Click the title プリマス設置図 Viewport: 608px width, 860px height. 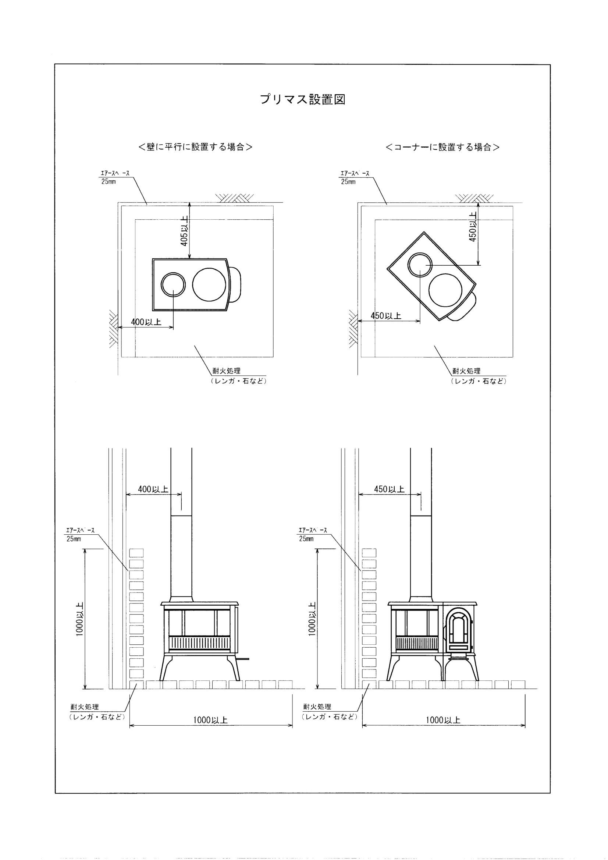pyautogui.click(x=302, y=99)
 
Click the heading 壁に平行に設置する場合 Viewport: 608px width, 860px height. pyautogui.click(x=195, y=147)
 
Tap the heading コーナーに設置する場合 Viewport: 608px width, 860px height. pyautogui.click(x=442, y=147)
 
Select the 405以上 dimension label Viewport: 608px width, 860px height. pyautogui.click(x=184, y=231)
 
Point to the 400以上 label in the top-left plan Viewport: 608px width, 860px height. pyautogui.click(x=146, y=322)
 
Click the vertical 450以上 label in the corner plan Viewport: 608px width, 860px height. pyautogui.click(x=473, y=226)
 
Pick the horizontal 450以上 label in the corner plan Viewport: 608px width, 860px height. pyautogui.click(x=386, y=316)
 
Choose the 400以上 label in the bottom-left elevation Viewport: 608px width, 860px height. pyautogui.click(x=153, y=489)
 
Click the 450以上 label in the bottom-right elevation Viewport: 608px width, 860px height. pyautogui.click(x=390, y=489)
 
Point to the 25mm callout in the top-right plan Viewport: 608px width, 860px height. pyautogui.click(x=348, y=182)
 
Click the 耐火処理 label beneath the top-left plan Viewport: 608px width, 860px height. pyautogui.click(x=227, y=371)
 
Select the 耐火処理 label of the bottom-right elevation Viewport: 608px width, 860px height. pyautogui.click(x=317, y=707)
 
